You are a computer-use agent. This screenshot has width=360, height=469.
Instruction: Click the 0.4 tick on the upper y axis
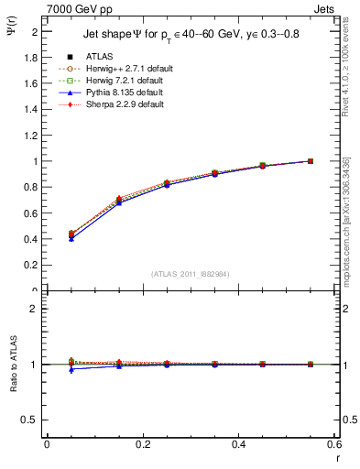tap(34, 239)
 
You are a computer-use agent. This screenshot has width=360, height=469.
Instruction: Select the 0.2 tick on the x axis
tap(142, 445)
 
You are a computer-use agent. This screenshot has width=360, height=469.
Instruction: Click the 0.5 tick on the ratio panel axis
tap(34, 420)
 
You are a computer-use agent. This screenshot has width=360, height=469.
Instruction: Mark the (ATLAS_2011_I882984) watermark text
tap(191, 274)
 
